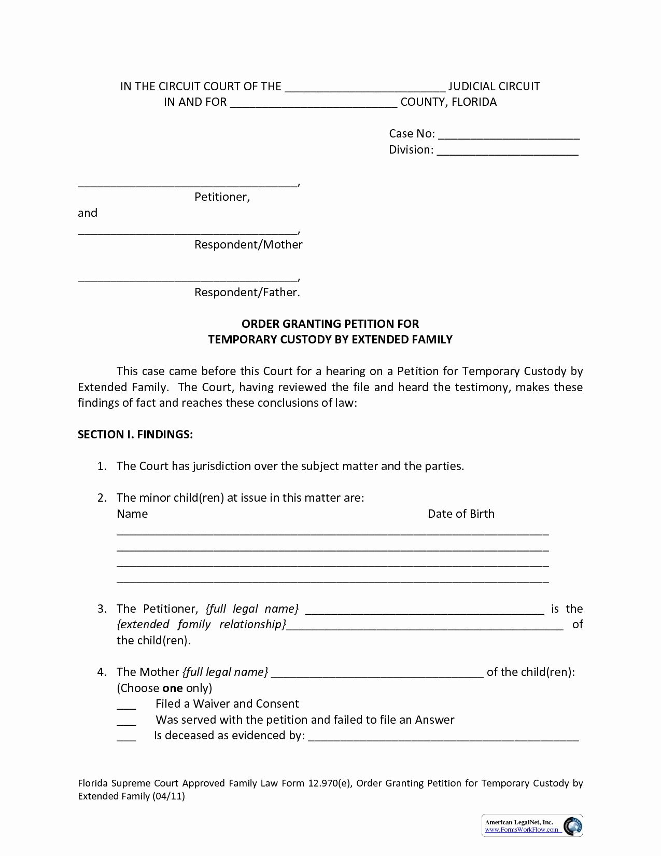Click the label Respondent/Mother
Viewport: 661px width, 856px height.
click(248, 244)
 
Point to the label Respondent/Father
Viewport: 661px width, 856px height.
click(247, 292)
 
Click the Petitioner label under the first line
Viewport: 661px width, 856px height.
click(222, 197)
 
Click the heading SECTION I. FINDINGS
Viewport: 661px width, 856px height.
click(135, 434)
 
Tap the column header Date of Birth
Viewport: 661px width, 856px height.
click(461, 514)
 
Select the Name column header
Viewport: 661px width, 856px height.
click(132, 514)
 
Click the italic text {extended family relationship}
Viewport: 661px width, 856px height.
click(201, 624)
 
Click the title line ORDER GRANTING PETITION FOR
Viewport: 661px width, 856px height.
click(330, 324)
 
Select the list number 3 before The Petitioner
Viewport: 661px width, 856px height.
click(102, 609)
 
